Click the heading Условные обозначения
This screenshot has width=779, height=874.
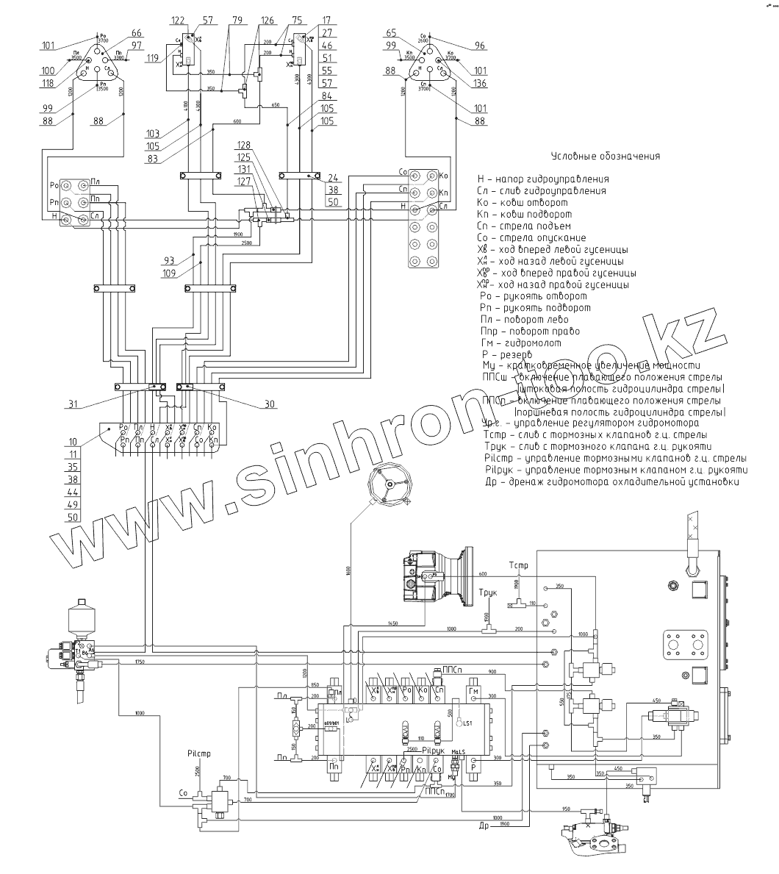605,156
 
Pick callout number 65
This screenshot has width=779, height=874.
390,34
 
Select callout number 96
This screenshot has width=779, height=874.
480,46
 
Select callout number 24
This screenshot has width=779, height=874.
334,177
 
